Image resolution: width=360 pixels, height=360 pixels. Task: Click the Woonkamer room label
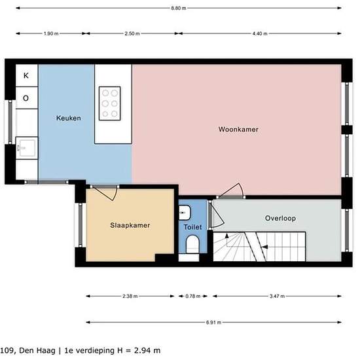tap(238, 129)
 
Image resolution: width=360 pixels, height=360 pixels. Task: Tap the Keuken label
tap(69, 118)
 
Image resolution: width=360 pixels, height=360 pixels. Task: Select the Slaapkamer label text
tap(130, 225)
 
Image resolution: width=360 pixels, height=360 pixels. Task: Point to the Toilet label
tap(192, 227)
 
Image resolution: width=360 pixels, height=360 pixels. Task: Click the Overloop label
tap(280, 218)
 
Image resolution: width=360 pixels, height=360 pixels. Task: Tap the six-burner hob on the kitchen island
tap(110, 103)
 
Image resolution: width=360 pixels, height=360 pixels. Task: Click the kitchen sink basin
tap(27, 148)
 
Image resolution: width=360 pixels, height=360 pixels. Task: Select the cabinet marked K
tap(27, 75)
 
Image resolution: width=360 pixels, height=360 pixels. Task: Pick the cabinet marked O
tap(27, 98)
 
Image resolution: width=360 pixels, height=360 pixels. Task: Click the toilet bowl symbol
tap(192, 244)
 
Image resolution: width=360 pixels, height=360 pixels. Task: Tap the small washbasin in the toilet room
tap(185, 213)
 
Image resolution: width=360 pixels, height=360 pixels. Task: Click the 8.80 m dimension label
tap(179, 9)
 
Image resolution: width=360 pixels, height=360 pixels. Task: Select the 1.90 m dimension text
tap(51, 33)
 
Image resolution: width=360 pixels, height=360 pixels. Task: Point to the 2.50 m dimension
tap(132, 33)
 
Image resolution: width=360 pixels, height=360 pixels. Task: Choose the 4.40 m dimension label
tap(260, 33)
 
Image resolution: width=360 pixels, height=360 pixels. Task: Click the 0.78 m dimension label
tap(193, 296)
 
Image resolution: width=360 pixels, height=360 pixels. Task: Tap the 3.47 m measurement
tap(277, 296)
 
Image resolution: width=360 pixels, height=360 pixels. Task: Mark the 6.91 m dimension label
tap(213, 322)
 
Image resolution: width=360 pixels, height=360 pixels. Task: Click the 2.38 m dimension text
tap(130, 296)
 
